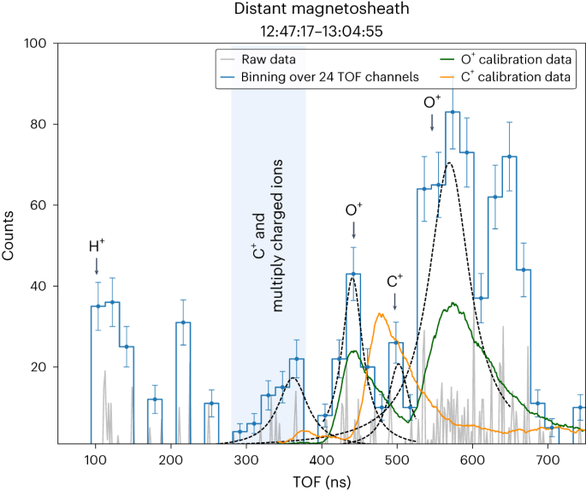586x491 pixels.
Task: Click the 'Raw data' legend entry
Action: pyautogui.click(x=266, y=60)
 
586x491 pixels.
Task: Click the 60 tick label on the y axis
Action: pyautogui.click(x=37, y=205)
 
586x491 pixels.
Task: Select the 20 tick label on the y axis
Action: pyautogui.click(x=37, y=367)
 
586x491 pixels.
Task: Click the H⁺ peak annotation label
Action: pyautogui.click(x=97, y=246)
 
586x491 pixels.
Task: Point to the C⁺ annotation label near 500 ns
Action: pyautogui.click(x=395, y=281)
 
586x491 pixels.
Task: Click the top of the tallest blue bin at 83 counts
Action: pyautogui.click(x=453, y=112)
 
